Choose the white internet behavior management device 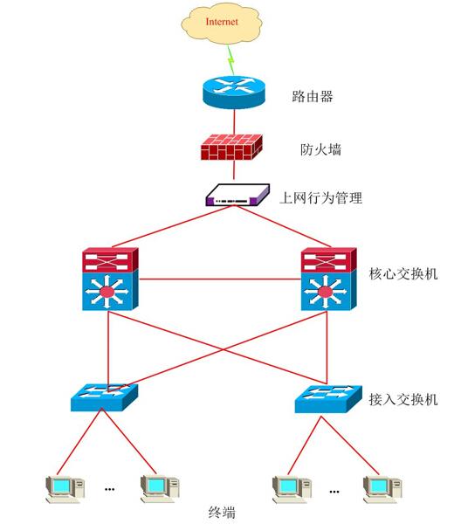point(234,195)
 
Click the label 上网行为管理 point(321,198)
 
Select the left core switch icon point(109,279)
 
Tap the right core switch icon point(328,279)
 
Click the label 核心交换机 point(403,274)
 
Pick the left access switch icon point(104,396)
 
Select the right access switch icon point(327,398)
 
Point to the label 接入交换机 point(402,400)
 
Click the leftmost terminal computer point(65,489)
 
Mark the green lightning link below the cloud point(230,58)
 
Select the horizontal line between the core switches point(218,279)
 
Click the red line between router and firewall point(233,121)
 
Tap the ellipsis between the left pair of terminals point(110,490)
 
